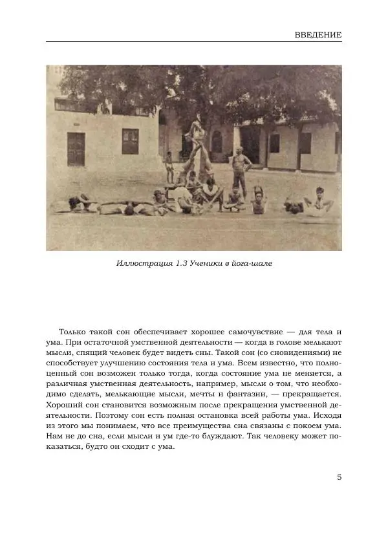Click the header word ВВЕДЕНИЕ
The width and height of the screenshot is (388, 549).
pos(317,34)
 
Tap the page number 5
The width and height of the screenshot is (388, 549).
pos(339,477)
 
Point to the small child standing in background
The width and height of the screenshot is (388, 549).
pos(169,165)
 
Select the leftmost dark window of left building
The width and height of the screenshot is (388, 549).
pos(76,149)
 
